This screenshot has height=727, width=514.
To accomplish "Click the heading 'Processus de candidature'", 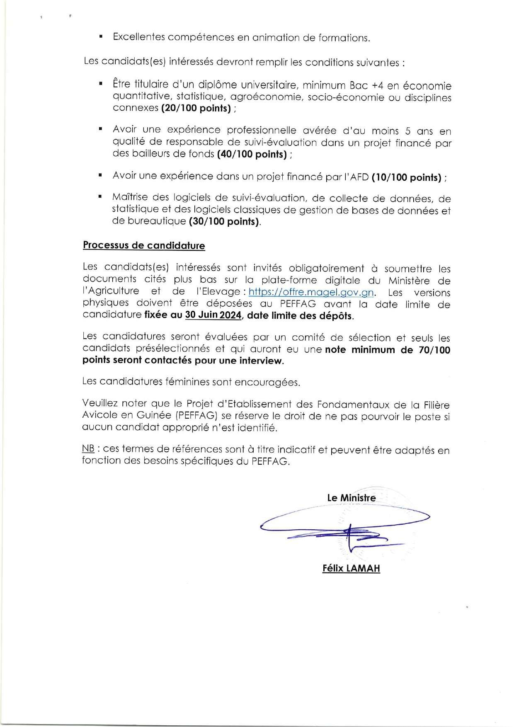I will (x=144, y=245).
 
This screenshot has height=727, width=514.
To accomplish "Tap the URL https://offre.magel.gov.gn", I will (x=311, y=292).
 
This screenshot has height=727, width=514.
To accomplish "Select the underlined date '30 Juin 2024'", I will (x=213, y=315).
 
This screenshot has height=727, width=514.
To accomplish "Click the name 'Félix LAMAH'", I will (x=351, y=568).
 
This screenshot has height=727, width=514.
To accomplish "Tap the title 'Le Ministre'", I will (x=351, y=498).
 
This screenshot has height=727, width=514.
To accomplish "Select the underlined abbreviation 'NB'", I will (x=88, y=450).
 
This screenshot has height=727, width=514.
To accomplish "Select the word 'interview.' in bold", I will (x=262, y=361).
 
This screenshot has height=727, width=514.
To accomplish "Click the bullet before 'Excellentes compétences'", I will (x=101, y=37).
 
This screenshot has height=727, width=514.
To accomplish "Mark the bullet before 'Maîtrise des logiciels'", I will (x=101, y=197).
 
